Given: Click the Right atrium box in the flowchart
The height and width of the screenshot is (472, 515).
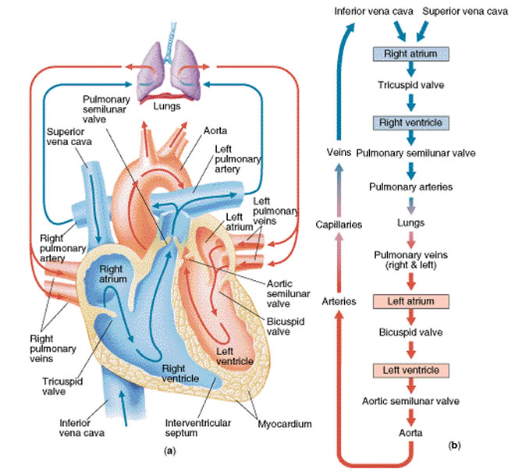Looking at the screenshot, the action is pyautogui.click(x=410, y=54).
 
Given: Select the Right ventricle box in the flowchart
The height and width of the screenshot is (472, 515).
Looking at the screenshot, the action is pyautogui.click(x=410, y=122).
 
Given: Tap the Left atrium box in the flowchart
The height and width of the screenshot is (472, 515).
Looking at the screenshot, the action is pyautogui.click(x=410, y=301).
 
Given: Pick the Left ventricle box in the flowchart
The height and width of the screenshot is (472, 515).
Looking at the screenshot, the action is pyautogui.click(x=410, y=371).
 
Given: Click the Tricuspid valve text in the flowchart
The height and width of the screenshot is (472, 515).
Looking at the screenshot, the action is pyautogui.click(x=410, y=85).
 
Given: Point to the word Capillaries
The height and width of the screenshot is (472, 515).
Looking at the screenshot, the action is pyautogui.click(x=339, y=225).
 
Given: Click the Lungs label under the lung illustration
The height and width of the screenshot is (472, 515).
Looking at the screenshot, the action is pyautogui.click(x=167, y=106).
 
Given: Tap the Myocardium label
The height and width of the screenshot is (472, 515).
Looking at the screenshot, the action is pyautogui.click(x=285, y=424).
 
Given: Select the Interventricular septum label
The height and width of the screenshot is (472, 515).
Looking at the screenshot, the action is pyautogui.click(x=197, y=428).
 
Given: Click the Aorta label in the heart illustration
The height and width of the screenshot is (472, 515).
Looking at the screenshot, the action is pyautogui.click(x=215, y=131).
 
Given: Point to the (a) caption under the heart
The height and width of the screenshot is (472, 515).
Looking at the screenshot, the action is pyautogui.click(x=169, y=451).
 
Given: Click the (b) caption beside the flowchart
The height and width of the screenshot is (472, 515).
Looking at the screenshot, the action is pyautogui.click(x=454, y=445).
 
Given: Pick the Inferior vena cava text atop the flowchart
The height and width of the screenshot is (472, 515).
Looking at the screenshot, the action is pyautogui.click(x=374, y=12).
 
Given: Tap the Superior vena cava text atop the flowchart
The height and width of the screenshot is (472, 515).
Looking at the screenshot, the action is pyautogui.click(x=465, y=12).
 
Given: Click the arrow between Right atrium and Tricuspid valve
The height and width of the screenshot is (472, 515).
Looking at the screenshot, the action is pyautogui.click(x=411, y=69).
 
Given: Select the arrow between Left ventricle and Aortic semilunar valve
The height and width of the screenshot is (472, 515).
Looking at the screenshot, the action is pyautogui.click(x=411, y=385).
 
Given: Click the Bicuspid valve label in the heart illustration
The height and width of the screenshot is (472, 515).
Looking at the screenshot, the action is pyautogui.click(x=286, y=326).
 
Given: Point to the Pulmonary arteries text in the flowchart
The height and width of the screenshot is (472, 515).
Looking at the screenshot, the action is pyautogui.click(x=410, y=187).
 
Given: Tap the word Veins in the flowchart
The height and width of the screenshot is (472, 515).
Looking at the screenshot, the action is pyautogui.click(x=339, y=152).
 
